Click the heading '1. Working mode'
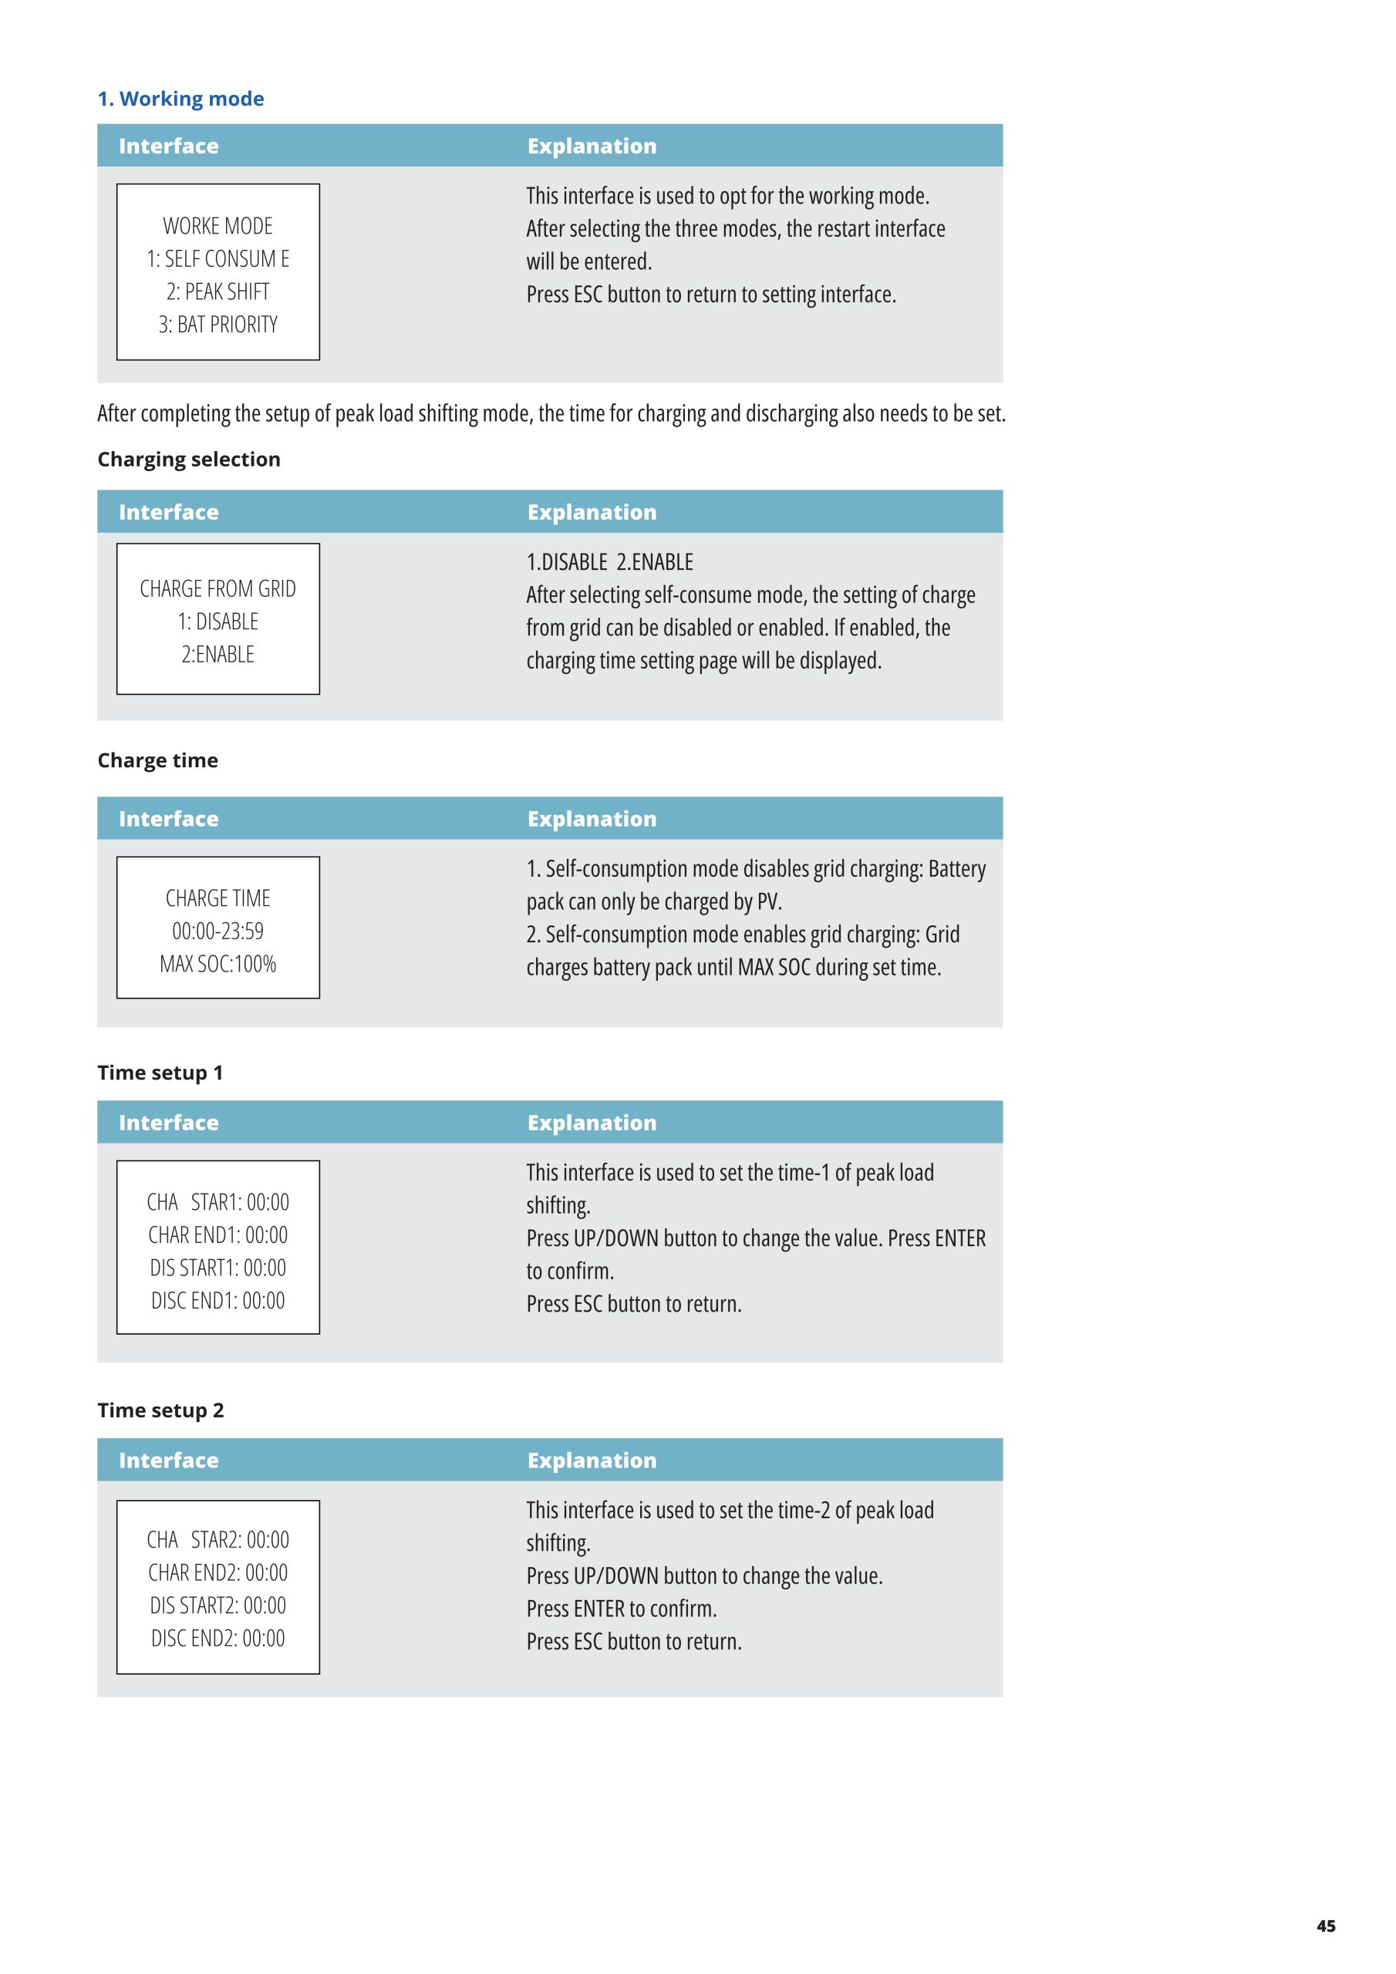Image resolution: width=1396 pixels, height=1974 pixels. coord(180,99)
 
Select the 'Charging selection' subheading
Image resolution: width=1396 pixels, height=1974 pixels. coord(188,459)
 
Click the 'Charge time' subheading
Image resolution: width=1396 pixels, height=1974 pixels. coord(157,760)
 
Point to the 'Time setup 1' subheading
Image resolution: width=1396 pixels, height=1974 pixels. coord(160,1072)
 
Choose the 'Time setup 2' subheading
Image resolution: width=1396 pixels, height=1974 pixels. coord(160,1410)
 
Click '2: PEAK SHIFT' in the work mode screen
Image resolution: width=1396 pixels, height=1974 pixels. coord(217,292)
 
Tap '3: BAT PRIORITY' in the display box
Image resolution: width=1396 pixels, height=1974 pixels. coord(217,325)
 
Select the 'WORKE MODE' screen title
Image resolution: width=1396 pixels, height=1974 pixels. coord(217,226)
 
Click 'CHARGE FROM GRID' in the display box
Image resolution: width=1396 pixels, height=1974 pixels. coord(217,589)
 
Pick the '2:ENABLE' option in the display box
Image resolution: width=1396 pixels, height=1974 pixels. coord(217,655)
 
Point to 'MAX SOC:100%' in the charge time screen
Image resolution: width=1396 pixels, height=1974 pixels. coord(217,964)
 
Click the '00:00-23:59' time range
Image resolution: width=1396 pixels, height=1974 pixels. coord(217,931)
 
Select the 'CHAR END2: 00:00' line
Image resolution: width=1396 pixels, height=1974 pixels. coord(217,1572)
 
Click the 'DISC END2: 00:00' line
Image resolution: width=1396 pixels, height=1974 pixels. coord(217,1639)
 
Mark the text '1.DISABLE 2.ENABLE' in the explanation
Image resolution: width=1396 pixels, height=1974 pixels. coord(610,562)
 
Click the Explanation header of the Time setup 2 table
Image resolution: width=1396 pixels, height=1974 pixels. coord(592,1460)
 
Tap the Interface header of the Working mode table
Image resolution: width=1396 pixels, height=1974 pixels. coord(169,147)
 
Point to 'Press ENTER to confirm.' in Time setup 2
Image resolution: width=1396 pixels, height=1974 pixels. coord(621,1609)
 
